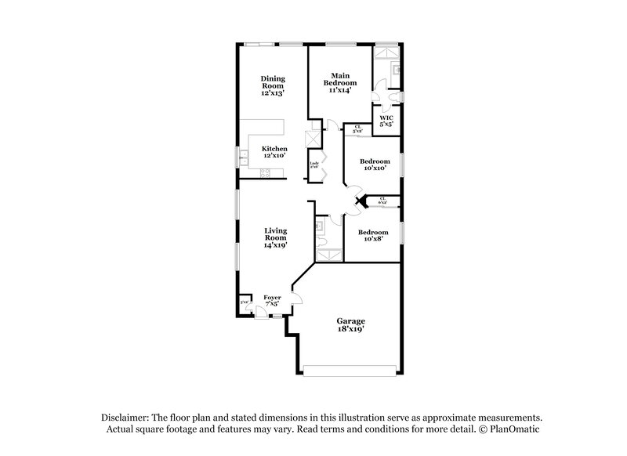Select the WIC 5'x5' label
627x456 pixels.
[386, 121]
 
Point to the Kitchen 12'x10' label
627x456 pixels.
[274, 152]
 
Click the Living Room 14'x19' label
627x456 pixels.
[274, 237]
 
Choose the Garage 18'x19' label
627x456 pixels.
[351, 325]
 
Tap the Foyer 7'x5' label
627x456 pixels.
[272, 301]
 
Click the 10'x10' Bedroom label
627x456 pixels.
[373, 165]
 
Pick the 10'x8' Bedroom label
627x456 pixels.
[372, 236]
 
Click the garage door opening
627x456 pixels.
[350, 370]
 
